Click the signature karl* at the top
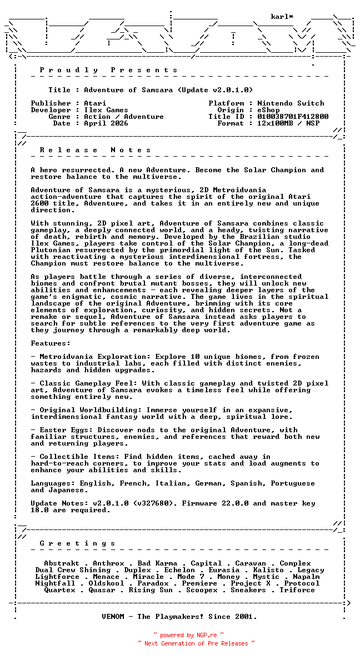pos(282,17)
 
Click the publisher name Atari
pos(95,103)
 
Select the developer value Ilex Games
pos(106,110)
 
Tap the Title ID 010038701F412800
pos(293,117)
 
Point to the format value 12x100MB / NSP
pos(288,123)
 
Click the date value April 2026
pos(106,123)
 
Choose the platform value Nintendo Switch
pos(291,103)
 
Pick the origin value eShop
pos(268,110)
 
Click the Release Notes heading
pos(96,150)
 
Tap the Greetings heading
pos(78,543)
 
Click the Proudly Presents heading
pos(109,70)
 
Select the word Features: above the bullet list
pos(51,343)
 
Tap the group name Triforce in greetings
pos(297,590)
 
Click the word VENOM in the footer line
pos(115,617)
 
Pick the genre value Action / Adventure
pos(124,117)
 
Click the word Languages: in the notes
pos(53,483)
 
